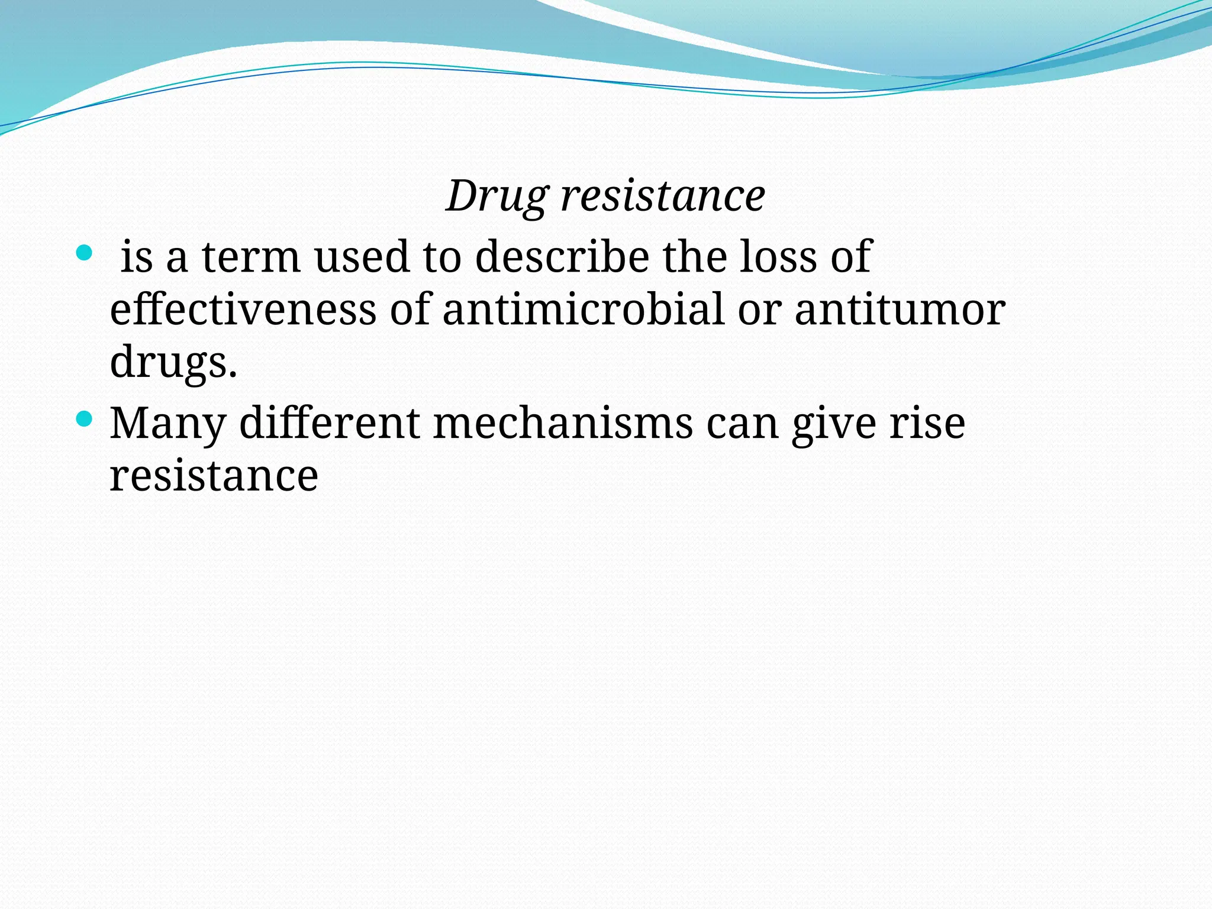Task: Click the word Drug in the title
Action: [x=497, y=196]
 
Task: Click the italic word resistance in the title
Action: [x=663, y=196]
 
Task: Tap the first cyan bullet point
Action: [x=85, y=254]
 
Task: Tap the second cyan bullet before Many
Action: [x=85, y=420]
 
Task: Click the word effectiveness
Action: [x=243, y=310]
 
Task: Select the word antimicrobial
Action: [x=583, y=310]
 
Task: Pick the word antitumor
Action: [x=900, y=310]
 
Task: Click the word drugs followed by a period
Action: [x=173, y=362]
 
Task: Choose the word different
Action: [x=330, y=423]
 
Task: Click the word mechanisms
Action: [x=563, y=423]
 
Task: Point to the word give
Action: [x=834, y=424]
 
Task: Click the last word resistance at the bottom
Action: [x=214, y=476]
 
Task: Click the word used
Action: [x=362, y=257]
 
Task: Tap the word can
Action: [x=743, y=424]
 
